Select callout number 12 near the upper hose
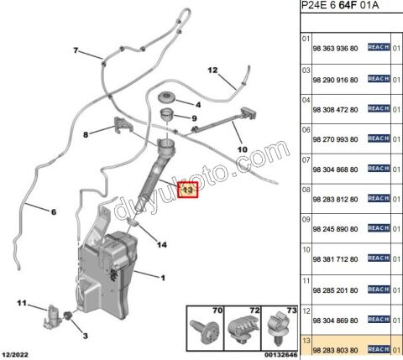click(x=212, y=70)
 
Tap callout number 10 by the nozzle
click(x=243, y=152)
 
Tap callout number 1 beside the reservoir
click(x=162, y=278)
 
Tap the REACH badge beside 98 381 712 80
click(x=379, y=258)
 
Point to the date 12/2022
click(x=17, y=355)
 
